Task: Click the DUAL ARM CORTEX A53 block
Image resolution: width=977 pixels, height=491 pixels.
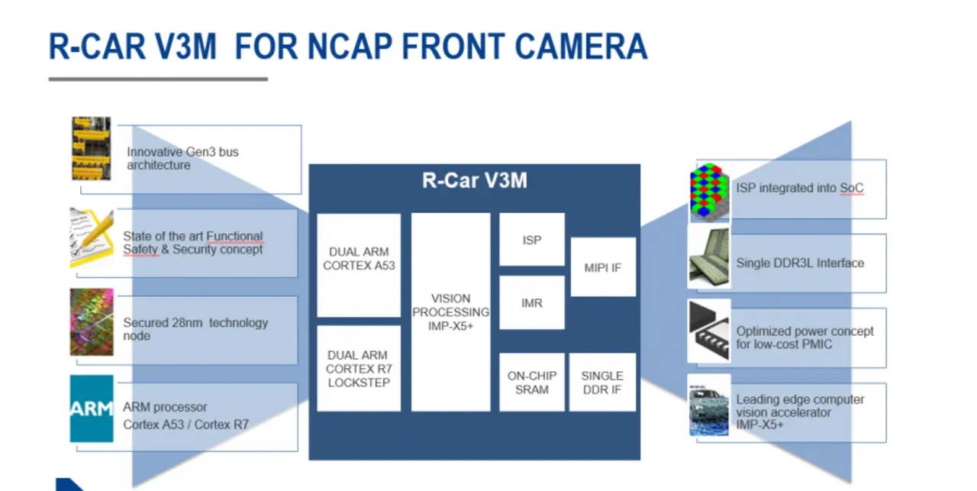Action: click(x=359, y=266)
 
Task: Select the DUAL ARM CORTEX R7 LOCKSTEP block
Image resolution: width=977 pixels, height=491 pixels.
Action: click(x=359, y=368)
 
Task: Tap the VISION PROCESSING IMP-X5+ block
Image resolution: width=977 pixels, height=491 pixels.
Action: click(x=450, y=312)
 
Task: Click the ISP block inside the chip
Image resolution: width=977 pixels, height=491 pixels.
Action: click(x=532, y=240)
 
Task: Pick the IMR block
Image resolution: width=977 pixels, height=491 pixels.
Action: click(x=532, y=302)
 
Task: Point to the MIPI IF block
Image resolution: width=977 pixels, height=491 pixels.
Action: click(x=603, y=267)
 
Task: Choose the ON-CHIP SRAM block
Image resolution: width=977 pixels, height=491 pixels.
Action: click(x=532, y=383)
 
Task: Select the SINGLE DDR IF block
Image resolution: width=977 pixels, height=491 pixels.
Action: click(x=602, y=383)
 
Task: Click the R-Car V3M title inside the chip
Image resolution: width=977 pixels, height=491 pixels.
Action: click(x=475, y=180)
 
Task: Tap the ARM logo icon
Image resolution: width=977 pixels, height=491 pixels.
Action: click(x=92, y=409)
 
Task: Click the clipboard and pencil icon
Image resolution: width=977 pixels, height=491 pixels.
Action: click(x=92, y=237)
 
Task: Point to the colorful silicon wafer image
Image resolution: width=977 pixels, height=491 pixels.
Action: click(x=92, y=322)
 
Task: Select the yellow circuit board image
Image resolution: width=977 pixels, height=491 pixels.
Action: click(x=92, y=148)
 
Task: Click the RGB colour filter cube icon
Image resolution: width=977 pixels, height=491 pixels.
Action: click(x=709, y=191)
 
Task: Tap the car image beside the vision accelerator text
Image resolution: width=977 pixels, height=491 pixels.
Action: click(x=709, y=410)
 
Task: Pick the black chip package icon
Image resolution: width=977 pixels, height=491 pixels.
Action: click(x=709, y=331)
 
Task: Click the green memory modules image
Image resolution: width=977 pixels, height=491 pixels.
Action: click(x=709, y=257)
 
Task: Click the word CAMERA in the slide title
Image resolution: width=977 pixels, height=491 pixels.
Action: click(x=581, y=47)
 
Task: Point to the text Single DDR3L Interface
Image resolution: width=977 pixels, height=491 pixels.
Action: click(x=800, y=263)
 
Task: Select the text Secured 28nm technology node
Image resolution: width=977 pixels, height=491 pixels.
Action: click(x=195, y=329)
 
